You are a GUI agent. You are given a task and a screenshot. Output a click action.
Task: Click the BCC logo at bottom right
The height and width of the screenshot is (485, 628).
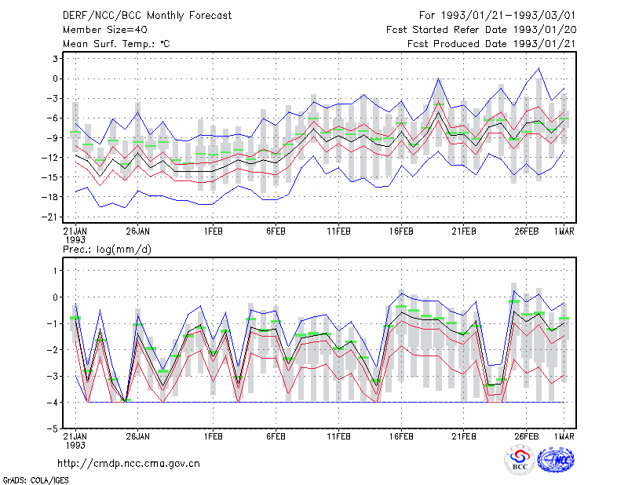coord(520,460)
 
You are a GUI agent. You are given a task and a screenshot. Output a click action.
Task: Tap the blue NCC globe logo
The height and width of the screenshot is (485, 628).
coord(557,460)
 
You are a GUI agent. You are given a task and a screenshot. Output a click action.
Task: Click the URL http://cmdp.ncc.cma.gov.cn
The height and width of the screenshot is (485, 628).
coord(129,464)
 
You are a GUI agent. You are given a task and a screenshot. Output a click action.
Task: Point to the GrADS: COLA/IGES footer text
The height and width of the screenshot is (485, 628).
coord(35,480)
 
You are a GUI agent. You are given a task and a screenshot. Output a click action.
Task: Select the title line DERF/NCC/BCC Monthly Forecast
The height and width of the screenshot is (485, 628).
coord(147,16)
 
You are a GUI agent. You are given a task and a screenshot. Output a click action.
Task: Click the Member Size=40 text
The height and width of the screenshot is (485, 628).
coord(105,30)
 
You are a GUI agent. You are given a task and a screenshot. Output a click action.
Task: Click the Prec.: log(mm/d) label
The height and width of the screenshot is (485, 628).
coord(107,250)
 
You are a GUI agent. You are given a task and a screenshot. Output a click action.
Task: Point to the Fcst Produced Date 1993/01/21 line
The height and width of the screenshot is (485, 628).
coord(491,44)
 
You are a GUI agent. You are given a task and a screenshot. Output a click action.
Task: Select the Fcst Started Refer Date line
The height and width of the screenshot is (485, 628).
coord(481,30)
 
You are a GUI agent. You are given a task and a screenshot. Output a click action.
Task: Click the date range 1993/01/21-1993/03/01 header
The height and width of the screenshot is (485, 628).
coord(497,16)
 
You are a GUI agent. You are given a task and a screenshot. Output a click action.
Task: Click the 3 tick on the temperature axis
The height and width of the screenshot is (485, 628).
coord(55,59)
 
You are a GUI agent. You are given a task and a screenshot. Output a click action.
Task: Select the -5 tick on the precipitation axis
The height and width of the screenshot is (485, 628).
coord(52,428)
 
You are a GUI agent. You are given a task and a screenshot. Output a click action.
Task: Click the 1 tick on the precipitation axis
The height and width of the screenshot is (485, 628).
coord(56,271)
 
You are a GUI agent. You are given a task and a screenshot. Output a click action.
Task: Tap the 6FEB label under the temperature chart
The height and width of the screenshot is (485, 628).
coord(276,232)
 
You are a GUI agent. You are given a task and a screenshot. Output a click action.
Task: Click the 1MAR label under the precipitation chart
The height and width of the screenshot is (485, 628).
coord(564,436)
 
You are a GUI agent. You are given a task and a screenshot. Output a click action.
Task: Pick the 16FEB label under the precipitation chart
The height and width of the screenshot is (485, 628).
coord(401,436)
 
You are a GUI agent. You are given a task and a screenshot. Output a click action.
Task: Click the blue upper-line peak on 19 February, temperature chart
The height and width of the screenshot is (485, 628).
coord(439,78)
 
